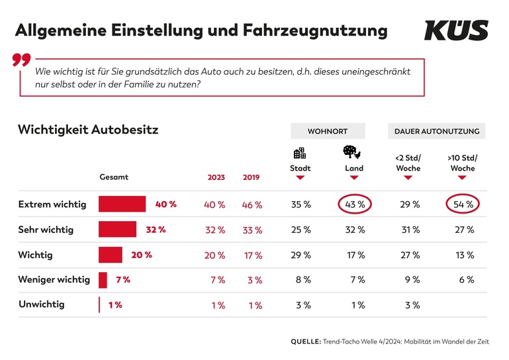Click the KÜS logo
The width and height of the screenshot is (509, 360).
[x=456, y=30]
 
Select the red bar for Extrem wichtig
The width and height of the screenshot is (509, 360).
[x=122, y=204]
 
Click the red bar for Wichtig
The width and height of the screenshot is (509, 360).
[x=111, y=255]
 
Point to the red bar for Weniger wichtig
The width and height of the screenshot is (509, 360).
[x=103, y=280]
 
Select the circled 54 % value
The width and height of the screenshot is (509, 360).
[x=461, y=204]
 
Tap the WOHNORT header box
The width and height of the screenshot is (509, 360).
[x=327, y=131]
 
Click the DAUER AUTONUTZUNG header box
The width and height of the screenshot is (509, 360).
[x=436, y=131]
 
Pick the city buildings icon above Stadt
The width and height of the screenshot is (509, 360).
[x=300, y=153]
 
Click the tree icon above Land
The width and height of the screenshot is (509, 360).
[x=351, y=153]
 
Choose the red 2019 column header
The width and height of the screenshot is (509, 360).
[x=251, y=177]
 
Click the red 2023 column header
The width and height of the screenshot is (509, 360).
[x=216, y=177]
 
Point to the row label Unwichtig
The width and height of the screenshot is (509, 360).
[x=41, y=305]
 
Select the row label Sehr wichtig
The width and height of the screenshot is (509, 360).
[x=46, y=230]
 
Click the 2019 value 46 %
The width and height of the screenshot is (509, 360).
[x=252, y=205]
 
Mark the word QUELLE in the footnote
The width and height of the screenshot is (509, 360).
[x=305, y=341]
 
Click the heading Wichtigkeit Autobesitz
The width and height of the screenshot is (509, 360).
[x=88, y=129]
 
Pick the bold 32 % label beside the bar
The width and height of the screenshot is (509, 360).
[x=156, y=230]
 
